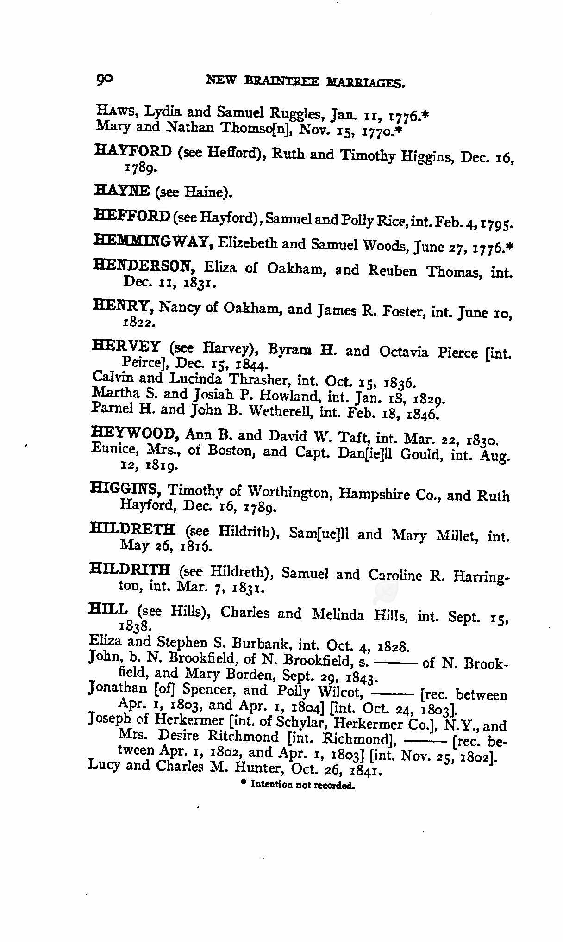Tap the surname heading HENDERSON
click(143, 266)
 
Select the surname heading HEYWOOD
click(136, 434)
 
